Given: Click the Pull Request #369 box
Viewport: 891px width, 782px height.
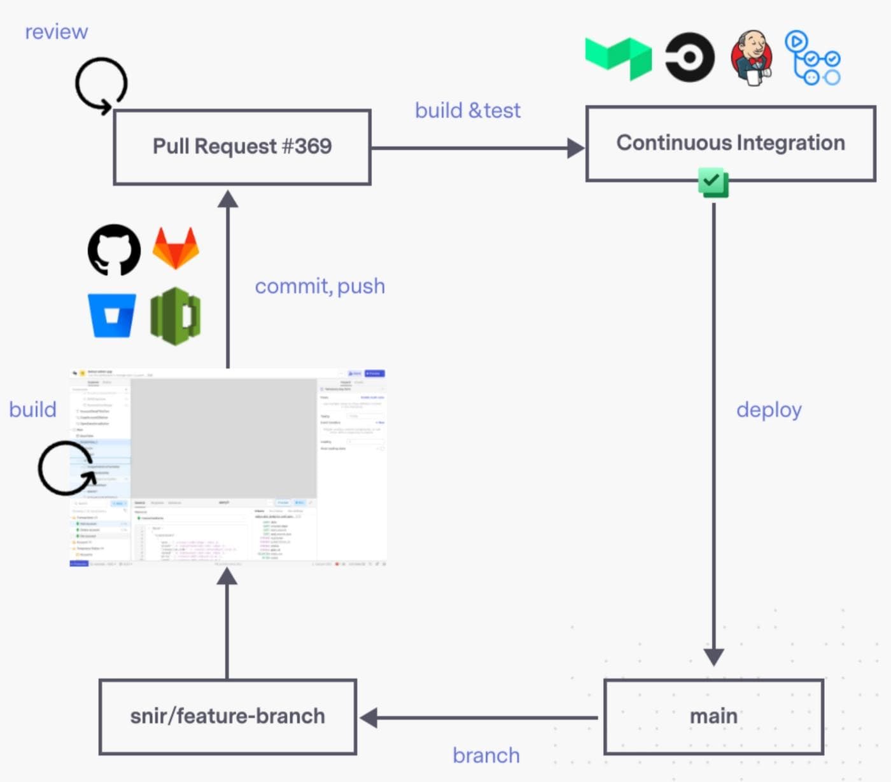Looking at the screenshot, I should [242, 147].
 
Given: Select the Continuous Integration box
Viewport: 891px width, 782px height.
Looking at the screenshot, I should [730, 143].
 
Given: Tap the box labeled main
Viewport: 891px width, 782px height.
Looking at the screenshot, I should [713, 716].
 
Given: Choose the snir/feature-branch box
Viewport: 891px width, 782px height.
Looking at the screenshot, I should [227, 716].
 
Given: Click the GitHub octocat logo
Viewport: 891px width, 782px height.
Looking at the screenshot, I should [114, 249].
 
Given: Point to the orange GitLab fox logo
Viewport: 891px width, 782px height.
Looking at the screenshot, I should [176, 248].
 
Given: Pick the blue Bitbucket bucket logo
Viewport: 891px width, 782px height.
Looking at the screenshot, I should [112, 314].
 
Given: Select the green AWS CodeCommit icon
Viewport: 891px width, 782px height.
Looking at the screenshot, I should [176, 316].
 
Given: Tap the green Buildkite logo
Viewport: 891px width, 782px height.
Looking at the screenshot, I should [618, 57].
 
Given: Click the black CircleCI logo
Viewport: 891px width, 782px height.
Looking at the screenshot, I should [689, 57].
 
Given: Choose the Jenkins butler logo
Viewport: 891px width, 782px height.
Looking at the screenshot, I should [752, 57].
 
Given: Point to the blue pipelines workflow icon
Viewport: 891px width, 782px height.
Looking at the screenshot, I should [813, 58].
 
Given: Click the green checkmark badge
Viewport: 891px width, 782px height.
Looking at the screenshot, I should [713, 182].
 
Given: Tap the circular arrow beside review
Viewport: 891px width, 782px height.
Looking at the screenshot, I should [101, 85].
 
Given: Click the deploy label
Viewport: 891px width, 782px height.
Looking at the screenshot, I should [769, 410].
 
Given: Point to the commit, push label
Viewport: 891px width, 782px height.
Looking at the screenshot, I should [319, 286].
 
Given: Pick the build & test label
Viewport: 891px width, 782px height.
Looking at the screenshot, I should [468, 111].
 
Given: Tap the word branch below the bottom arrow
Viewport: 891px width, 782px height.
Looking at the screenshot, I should [486, 755].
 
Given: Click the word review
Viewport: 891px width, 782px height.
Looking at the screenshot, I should [56, 32].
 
